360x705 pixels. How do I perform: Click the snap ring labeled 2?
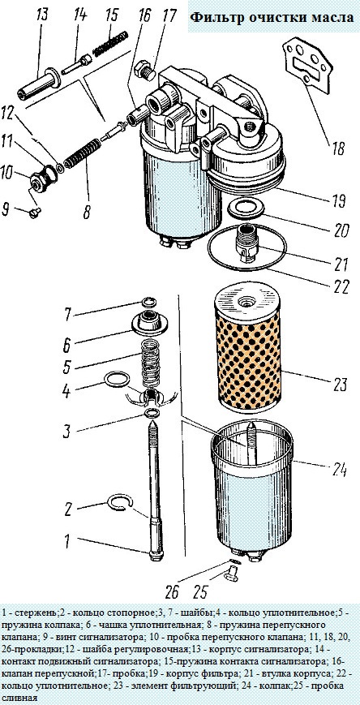point(119,505)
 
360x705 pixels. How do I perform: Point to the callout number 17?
point(169,15)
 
